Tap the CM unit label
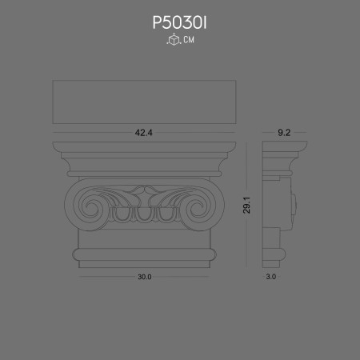(188, 40)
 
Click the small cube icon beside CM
(171, 40)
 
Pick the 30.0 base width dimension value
(145, 277)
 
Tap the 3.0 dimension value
(270, 277)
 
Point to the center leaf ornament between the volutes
(146, 194)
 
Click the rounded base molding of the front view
(146, 255)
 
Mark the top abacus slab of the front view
(146, 149)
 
